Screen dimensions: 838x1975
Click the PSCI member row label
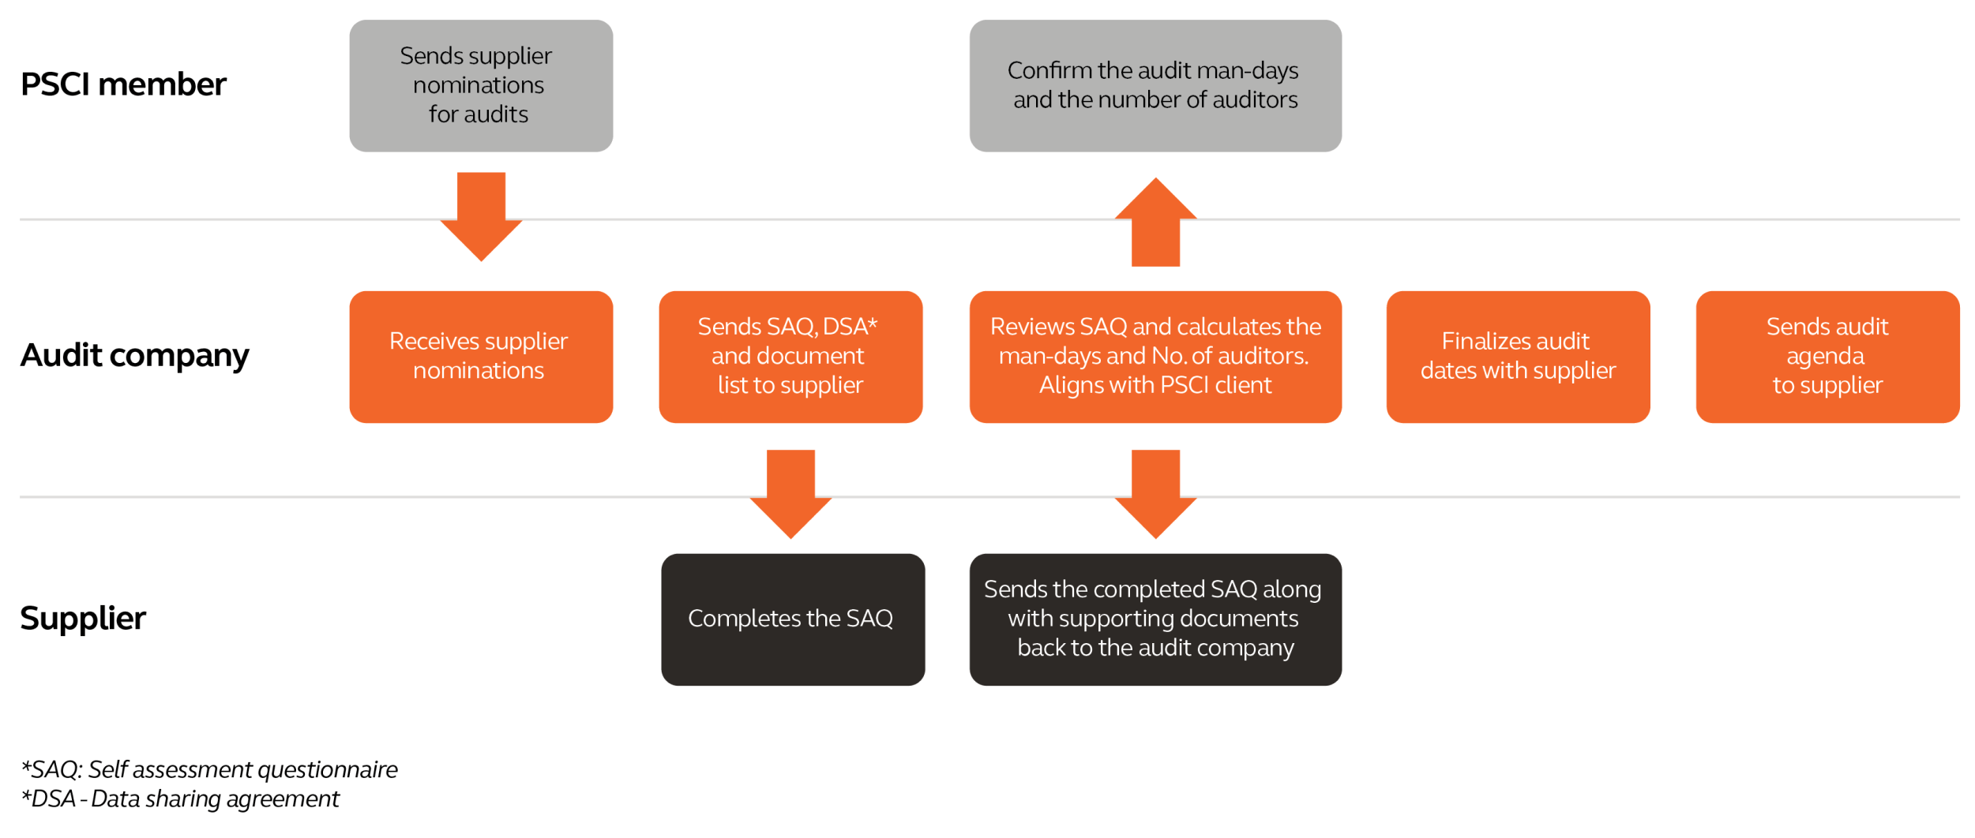[123, 84]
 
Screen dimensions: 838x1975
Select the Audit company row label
[134, 356]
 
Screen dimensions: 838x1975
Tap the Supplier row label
[83, 619]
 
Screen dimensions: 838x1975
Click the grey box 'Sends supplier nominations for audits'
[481, 85]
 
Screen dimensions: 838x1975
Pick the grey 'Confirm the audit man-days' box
[1155, 85]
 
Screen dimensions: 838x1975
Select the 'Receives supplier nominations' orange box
[481, 357]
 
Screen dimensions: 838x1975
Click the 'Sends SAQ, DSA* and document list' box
[790, 357]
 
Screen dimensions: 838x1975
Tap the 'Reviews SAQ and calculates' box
[1155, 357]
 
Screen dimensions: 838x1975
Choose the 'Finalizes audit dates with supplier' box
[1518, 357]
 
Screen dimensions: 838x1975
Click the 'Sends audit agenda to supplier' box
[1827, 357]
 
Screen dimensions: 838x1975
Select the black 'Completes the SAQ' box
[792, 619]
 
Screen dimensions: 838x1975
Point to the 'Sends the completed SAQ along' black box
[1155, 619]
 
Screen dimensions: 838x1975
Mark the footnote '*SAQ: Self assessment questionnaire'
[209, 769]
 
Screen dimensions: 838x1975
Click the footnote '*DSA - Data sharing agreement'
[180, 799]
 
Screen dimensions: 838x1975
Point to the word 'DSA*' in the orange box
[850, 327]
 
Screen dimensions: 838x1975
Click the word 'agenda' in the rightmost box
[1825, 357]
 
